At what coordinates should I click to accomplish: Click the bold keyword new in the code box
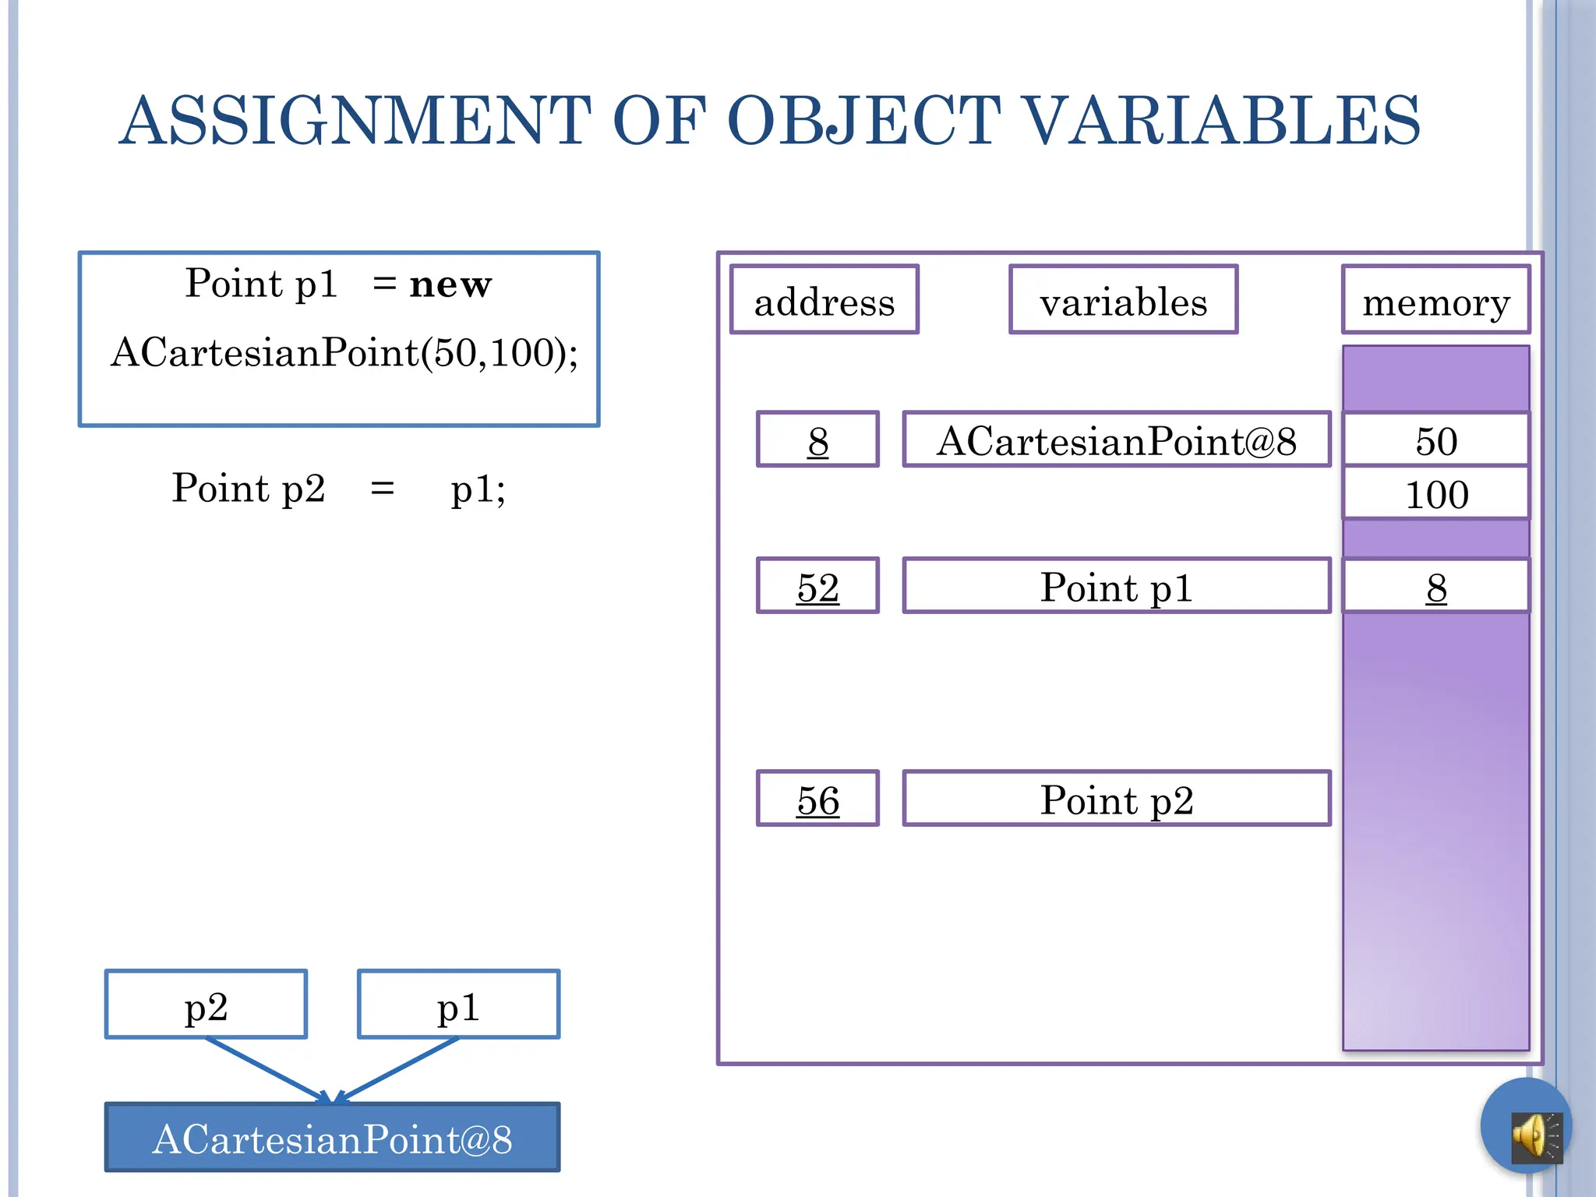(x=450, y=284)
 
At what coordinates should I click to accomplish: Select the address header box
(x=824, y=301)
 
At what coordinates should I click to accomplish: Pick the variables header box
(x=1123, y=301)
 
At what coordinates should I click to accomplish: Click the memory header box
(x=1435, y=301)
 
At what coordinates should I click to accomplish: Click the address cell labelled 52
(x=817, y=586)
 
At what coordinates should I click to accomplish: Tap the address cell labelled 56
(x=817, y=799)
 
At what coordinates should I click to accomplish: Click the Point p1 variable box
(x=1116, y=586)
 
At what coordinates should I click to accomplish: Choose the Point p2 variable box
(x=1116, y=799)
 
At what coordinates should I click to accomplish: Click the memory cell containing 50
(x=1435, y=440)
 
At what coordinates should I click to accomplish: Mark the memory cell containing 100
(x=1435, y=493)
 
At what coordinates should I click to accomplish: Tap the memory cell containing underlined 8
(x=1435, y=586)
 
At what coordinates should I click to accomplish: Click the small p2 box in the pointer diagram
(x=206, y=1005)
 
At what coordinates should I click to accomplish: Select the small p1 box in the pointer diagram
(x=458, y=1005)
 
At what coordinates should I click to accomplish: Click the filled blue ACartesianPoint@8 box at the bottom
(x=333, y=1138)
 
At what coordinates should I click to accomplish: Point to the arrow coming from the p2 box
(x=265, y=1069)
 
